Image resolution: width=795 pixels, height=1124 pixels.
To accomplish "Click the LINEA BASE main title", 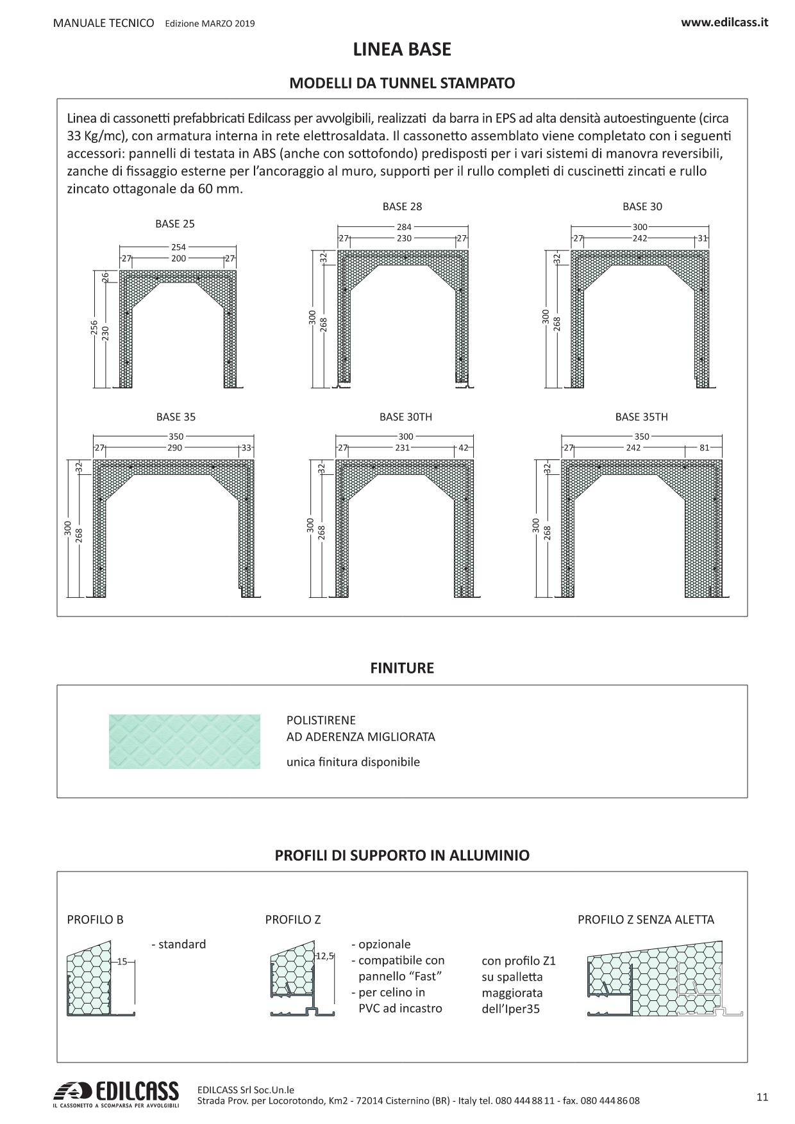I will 402,50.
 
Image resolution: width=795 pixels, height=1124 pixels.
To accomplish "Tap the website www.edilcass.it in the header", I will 724,22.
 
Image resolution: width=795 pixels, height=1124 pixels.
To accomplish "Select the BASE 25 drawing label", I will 174,224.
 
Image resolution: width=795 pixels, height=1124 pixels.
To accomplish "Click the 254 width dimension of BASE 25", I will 178,247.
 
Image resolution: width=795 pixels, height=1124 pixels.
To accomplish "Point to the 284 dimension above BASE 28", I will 404,227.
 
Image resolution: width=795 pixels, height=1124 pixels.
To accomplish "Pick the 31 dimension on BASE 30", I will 702,238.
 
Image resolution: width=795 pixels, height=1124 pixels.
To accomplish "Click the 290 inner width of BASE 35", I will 174,448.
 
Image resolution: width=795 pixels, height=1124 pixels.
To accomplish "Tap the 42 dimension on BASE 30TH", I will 464,448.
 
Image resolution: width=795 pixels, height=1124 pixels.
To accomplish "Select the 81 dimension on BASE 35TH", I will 704,448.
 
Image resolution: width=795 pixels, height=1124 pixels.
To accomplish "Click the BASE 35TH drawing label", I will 641,417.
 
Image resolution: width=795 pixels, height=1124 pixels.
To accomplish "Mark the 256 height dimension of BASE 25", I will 94,328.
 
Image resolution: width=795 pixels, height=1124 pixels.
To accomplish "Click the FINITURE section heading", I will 402,668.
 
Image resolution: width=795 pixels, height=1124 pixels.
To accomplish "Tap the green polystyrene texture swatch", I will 185,741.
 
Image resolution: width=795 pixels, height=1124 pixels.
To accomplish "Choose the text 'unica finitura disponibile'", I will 353,762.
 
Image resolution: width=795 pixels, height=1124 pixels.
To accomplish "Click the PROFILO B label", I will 95,920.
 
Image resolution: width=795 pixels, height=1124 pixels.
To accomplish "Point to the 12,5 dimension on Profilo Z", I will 325,956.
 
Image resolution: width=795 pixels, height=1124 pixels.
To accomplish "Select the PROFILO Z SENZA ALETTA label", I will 646,920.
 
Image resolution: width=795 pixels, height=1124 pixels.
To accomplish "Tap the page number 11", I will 762,1096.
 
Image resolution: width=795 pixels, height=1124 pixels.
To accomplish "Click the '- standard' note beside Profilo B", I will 179,944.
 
